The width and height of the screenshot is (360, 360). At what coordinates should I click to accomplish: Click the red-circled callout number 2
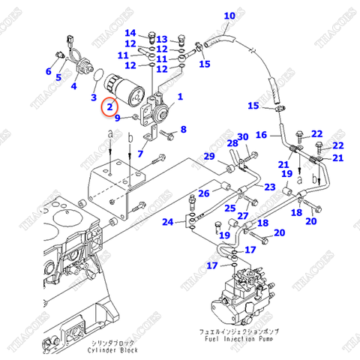point(110,108)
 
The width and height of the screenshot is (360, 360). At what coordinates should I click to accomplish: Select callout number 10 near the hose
point(229,16)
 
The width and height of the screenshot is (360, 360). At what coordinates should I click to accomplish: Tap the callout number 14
point(130,33)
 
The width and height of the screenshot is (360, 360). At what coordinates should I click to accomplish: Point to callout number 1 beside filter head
point(178,97)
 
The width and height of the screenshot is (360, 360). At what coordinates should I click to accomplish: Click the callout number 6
point(49,72)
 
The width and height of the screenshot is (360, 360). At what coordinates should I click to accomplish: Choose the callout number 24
point(168,222)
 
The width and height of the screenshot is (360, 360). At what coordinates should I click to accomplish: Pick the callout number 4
point(73,86)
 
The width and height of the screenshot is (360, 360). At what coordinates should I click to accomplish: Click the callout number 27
point(243,217)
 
